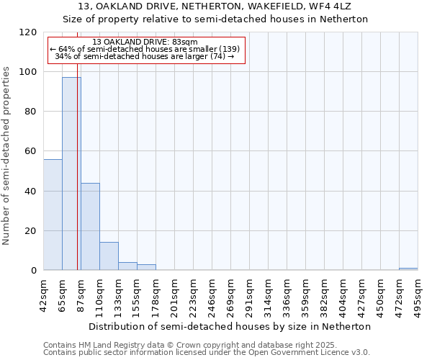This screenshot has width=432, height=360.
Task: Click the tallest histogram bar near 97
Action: pos(71,174)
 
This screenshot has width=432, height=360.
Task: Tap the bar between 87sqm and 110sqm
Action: pos(90,227)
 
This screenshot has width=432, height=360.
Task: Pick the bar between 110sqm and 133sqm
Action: pos(109,256)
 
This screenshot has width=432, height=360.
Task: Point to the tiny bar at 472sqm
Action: pos(408,269)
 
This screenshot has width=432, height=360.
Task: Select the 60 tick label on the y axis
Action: pos(31,151)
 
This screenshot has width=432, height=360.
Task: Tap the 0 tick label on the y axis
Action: pos(34,271)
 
